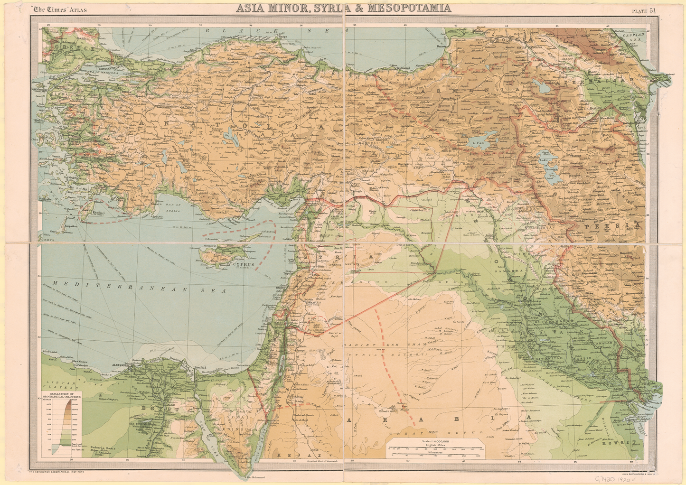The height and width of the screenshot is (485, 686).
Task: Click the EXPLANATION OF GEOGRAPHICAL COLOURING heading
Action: coord(62,395)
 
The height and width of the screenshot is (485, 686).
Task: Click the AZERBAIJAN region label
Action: coord(610,81)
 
